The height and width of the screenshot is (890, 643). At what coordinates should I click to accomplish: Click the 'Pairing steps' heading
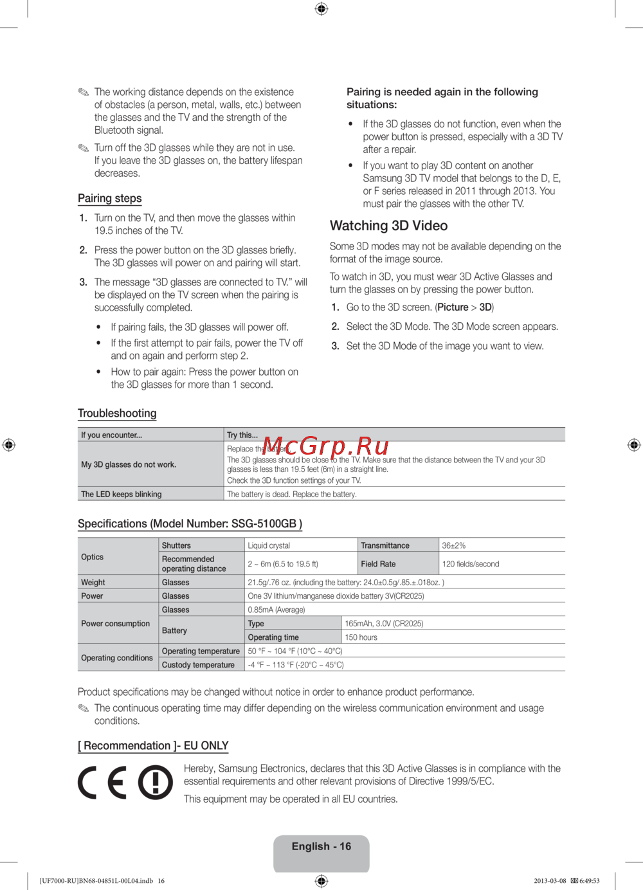109,199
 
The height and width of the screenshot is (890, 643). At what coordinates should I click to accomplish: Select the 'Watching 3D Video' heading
388,226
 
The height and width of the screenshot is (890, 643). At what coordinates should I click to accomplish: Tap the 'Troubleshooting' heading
117,413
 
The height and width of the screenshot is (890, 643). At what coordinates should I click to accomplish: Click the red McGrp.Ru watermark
326,446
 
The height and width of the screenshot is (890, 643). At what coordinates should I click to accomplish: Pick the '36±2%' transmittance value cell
453,545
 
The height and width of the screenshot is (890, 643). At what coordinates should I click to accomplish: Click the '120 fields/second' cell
471,564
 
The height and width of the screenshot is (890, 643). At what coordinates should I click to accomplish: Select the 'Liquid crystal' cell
269,545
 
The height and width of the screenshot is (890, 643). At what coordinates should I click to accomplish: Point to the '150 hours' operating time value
361,637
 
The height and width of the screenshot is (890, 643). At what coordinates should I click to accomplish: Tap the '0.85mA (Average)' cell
276,610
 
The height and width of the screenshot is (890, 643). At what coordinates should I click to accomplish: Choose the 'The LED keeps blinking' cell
122,494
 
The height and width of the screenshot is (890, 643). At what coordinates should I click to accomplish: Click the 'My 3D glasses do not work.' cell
129,464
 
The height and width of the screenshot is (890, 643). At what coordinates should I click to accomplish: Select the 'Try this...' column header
242,435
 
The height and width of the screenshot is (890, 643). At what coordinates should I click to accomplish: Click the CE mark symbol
103,783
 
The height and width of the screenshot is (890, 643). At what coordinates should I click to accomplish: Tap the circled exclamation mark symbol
156,783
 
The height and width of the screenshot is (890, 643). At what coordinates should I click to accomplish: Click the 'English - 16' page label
321,846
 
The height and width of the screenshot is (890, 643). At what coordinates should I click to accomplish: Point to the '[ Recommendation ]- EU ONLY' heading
153,746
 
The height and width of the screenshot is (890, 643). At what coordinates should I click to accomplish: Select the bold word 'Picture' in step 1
453,307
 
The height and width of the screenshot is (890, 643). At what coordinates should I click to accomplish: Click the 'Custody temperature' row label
198,665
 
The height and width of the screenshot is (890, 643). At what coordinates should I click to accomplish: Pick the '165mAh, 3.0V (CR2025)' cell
384,624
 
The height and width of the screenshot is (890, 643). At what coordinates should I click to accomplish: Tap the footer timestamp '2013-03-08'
550,881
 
